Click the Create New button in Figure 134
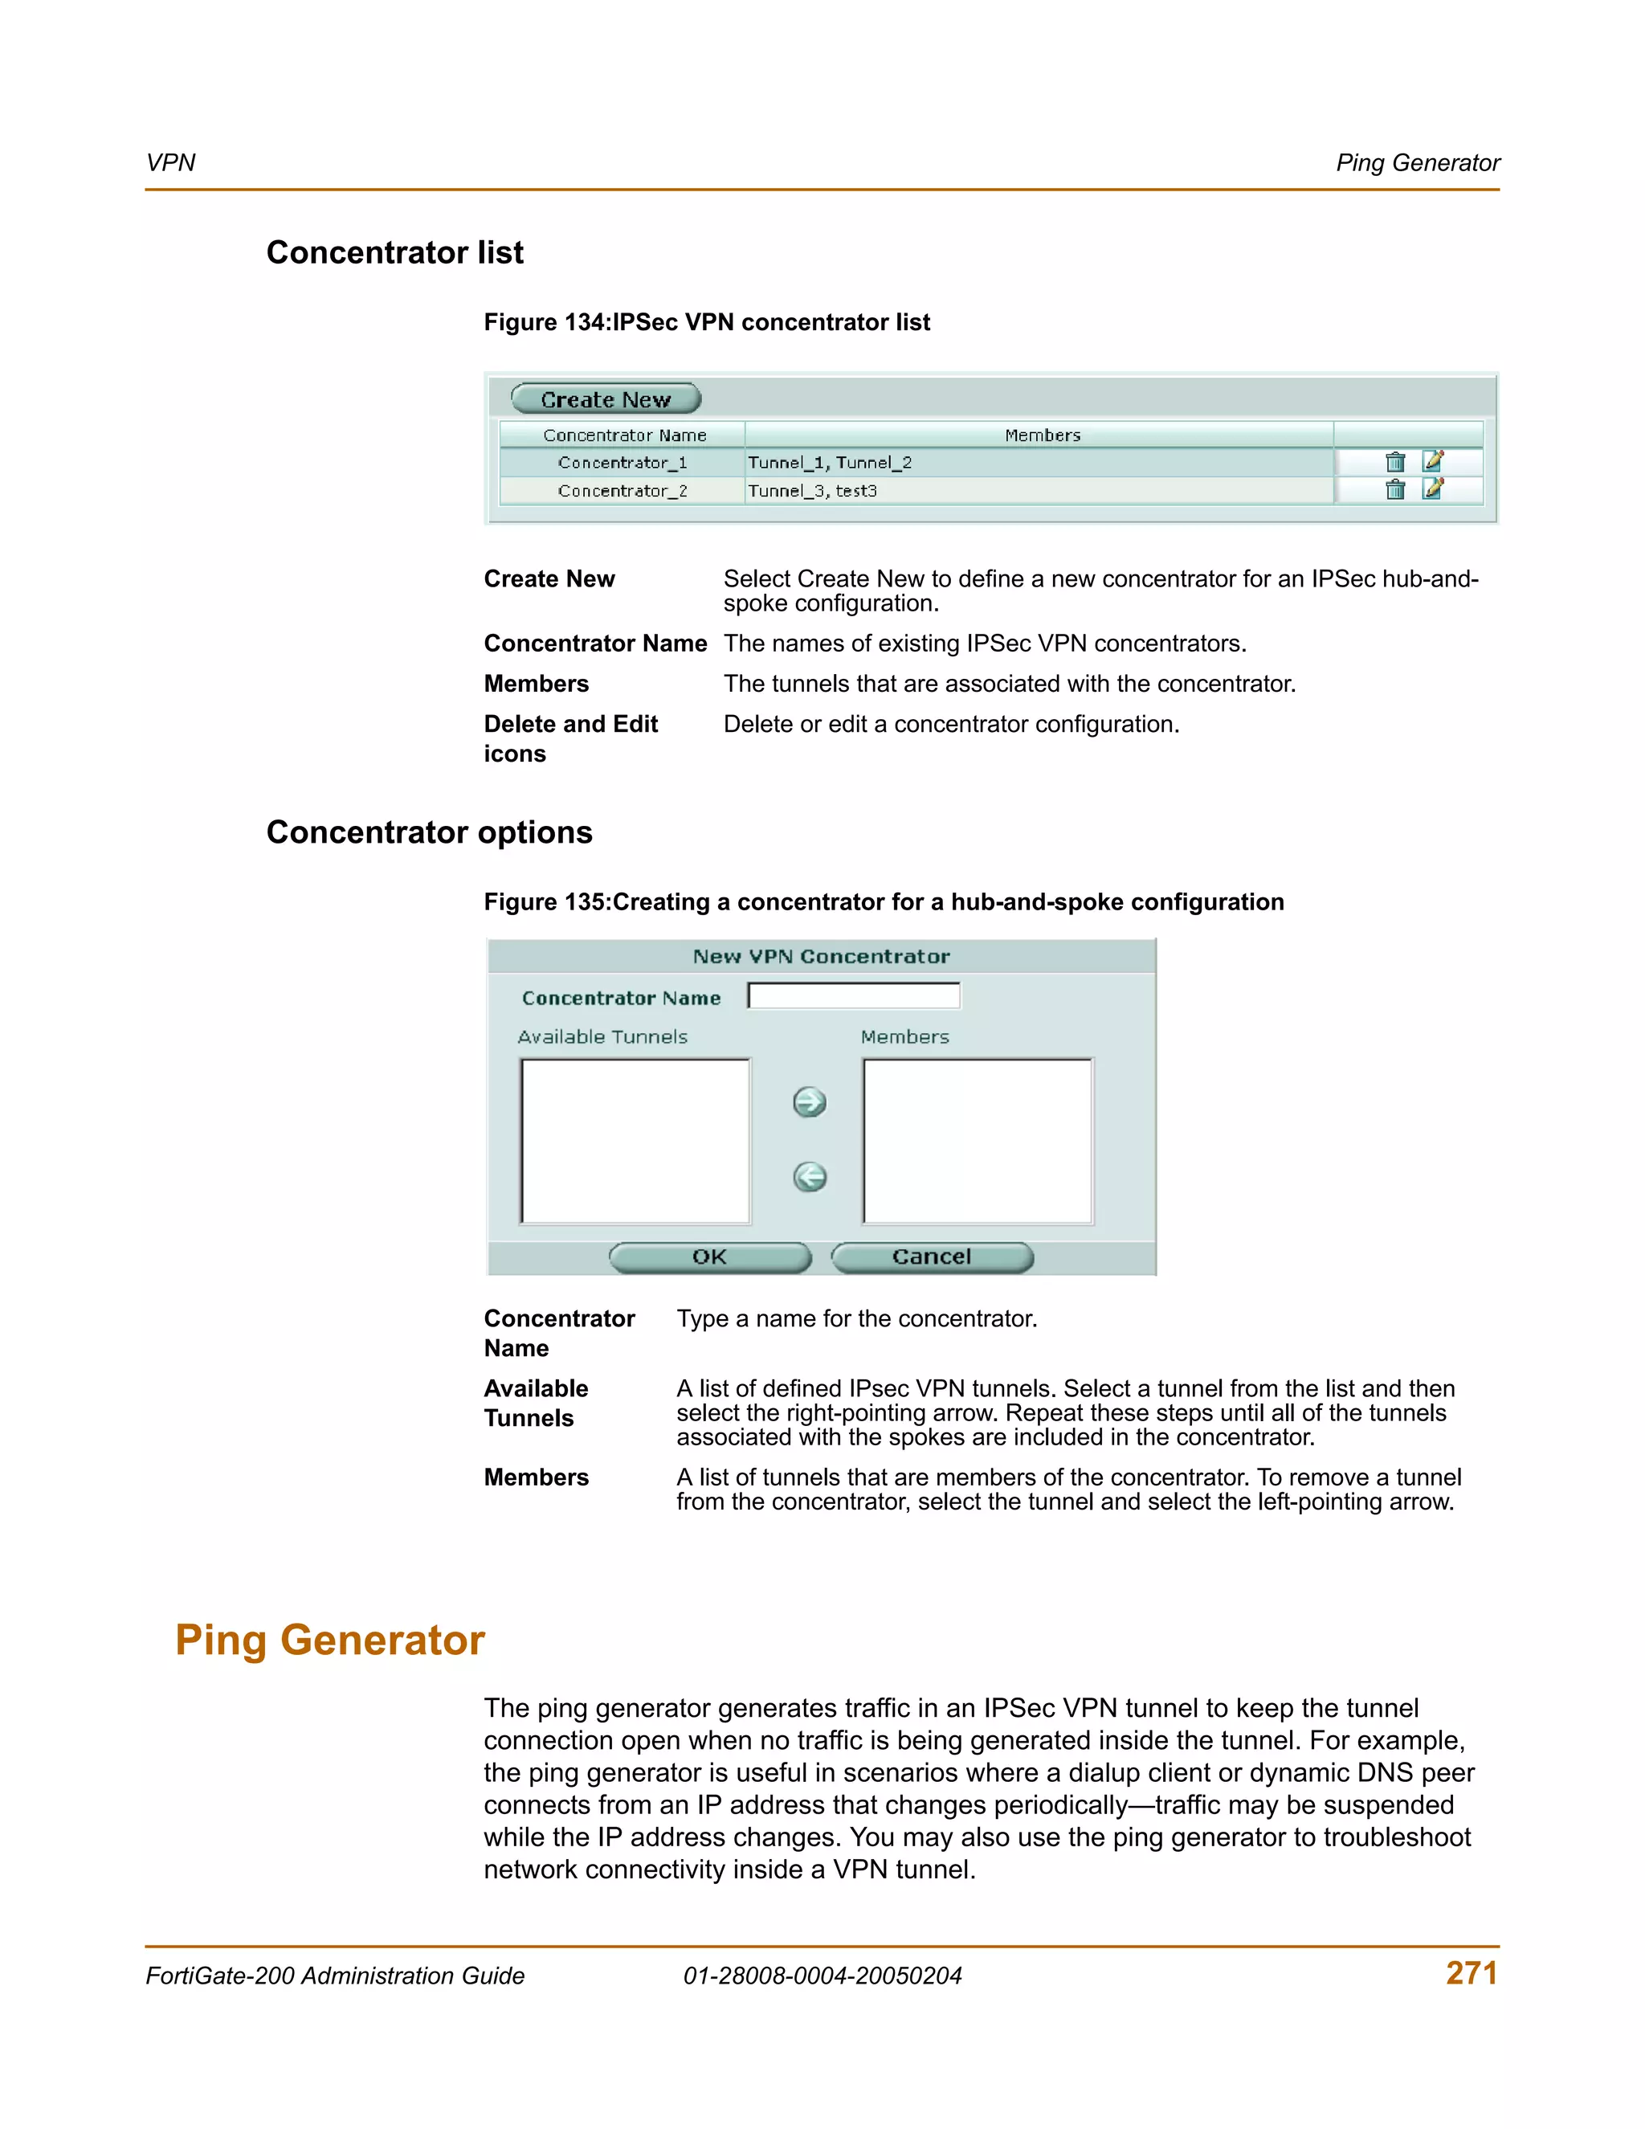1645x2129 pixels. (x=605, y=398)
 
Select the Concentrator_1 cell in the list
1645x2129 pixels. (x=622, y=462)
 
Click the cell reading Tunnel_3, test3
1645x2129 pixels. (x=813, y=490)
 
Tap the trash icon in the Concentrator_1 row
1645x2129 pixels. (x=1394, y=462)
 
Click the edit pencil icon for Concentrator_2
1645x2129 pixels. (x=1431, y=488)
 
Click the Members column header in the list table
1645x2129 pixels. (x=1042, y=435)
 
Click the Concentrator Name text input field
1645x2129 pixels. (x=854, y=995)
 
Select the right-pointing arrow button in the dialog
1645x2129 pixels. (x=809, y=1102)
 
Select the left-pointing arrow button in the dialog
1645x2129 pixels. (x=809, y=1178)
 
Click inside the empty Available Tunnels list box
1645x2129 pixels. (x=635, y=1141)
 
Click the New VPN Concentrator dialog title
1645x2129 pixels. (x=821, y=956)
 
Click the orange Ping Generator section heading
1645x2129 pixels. (x=329, y=1641)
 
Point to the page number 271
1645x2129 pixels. (x=1472, y=1973)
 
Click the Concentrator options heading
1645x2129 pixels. (x=429, y=832)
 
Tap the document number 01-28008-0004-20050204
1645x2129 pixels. (x=822, y=1976)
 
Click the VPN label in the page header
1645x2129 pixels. (x=170, y=163)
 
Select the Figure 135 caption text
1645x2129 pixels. (x=883, y=901)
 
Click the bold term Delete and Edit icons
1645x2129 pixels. (x=570, y=738)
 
